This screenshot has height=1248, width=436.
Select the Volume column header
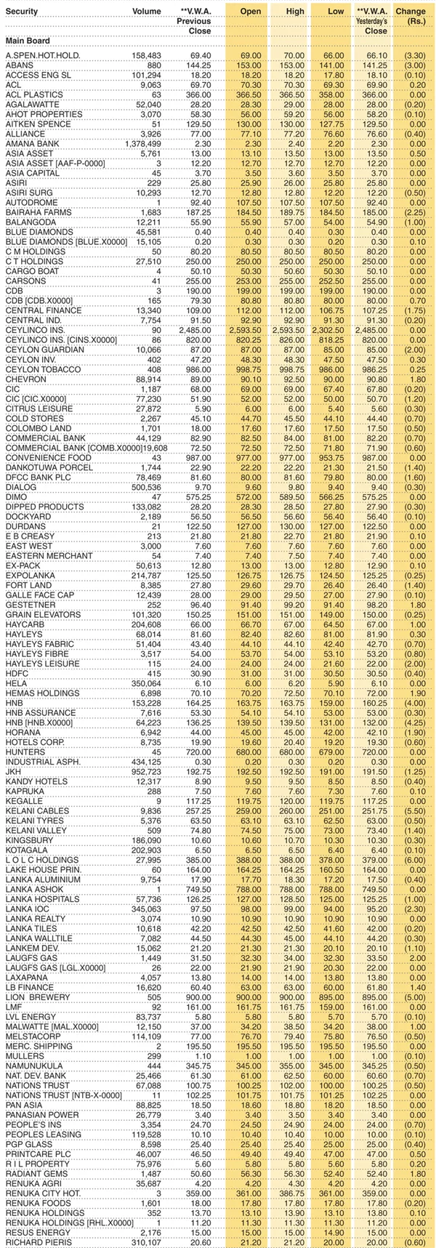147,12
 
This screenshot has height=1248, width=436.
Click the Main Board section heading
28,41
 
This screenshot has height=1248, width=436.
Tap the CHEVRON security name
27,380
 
